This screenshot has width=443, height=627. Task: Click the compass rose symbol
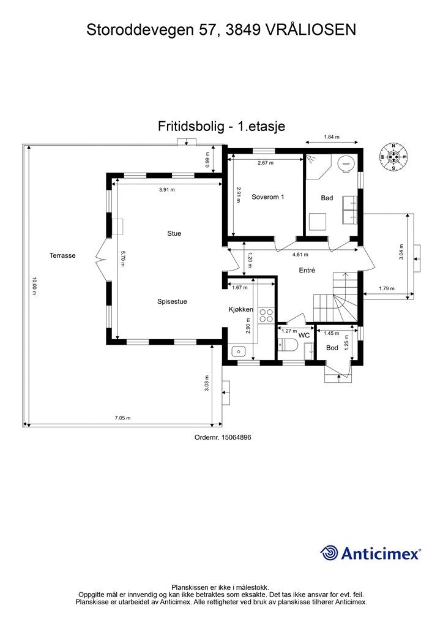394,157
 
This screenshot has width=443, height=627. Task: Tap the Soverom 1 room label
268,197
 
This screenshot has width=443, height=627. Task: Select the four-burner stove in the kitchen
267,315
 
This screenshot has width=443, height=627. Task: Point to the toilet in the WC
288,347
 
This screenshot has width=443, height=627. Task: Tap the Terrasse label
63,255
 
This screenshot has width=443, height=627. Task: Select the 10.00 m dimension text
35,287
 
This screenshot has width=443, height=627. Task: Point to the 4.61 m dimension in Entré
300,254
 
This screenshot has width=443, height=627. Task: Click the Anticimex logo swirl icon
329,553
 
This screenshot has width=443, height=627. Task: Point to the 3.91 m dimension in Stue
166,190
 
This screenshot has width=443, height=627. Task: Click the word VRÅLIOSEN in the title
311,29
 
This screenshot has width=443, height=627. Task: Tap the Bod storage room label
332,348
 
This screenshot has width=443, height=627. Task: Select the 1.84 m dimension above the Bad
331,137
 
